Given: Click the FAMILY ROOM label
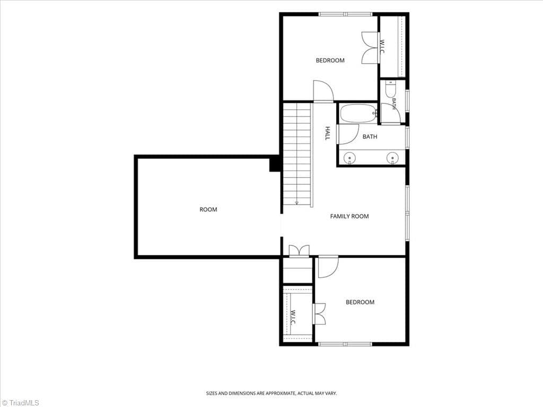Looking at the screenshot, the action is (349, 216).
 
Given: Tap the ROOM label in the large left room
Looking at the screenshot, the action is (208, 209).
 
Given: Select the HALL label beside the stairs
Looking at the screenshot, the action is (327, 133).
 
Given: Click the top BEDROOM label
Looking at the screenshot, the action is (330, 60).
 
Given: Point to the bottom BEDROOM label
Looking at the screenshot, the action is (360, 302).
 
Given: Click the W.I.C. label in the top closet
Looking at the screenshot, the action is (382, 47).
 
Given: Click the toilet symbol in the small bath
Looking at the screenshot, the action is (390, 89).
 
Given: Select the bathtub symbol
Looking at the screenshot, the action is (358, 113).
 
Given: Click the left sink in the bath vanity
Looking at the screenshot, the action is (349, 158).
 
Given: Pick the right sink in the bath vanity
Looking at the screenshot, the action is (392, 158).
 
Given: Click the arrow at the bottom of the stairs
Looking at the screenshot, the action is (297, 202).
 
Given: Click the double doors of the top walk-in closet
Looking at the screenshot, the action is (371, 48).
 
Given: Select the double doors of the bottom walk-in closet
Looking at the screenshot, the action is (319, 314).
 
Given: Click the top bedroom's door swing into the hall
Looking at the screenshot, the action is (323, 91).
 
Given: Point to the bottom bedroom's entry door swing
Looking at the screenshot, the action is (328, 267).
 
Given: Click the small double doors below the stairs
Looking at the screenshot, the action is (299, 251).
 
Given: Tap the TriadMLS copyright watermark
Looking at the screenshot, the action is (20, 403).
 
